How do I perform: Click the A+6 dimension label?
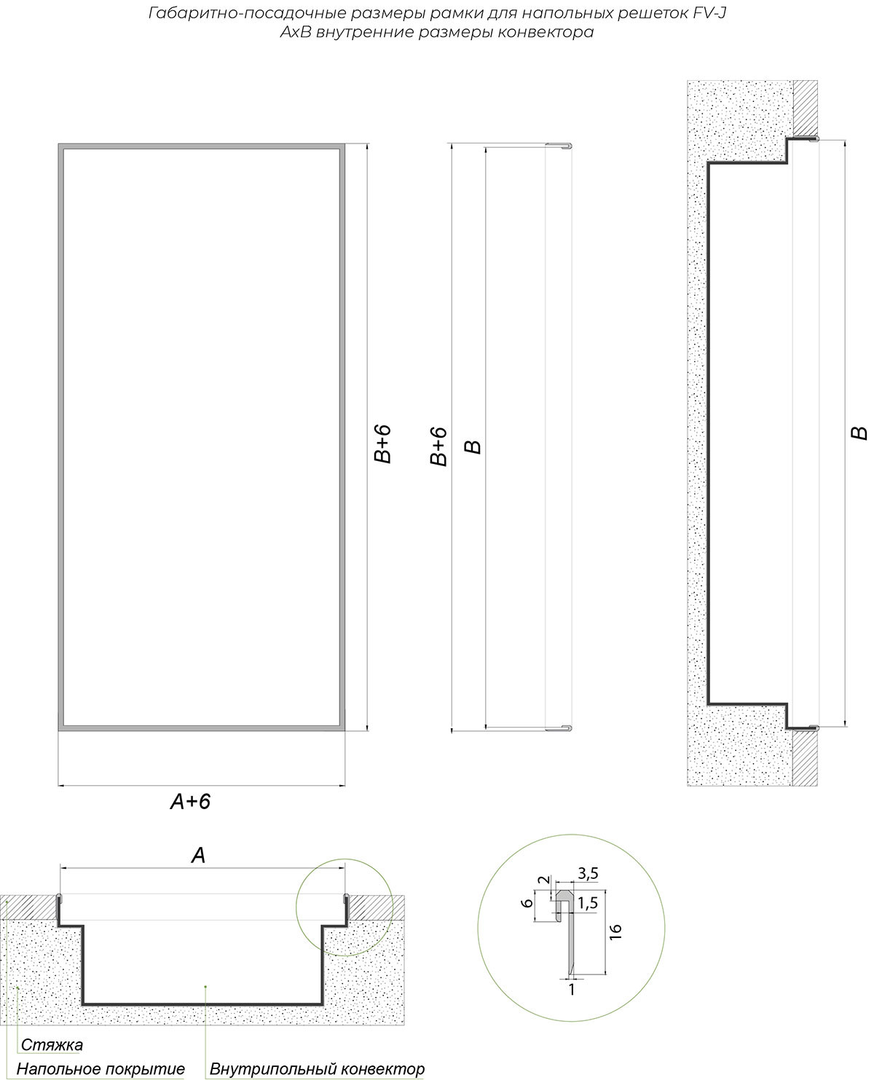coord(190,802)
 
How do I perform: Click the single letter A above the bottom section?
coord(198,856)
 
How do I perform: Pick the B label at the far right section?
coord(859,433)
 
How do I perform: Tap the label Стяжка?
coord(52,1016)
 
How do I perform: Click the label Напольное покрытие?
coord(101,1041)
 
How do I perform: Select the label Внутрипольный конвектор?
coord(317,1041)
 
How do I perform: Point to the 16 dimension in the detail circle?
coord(615,932)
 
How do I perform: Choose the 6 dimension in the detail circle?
coord(527,903)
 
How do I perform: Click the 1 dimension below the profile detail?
coord(572,989)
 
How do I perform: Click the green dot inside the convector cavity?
coord(205,986)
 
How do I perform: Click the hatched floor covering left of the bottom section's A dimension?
coord(28,907)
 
